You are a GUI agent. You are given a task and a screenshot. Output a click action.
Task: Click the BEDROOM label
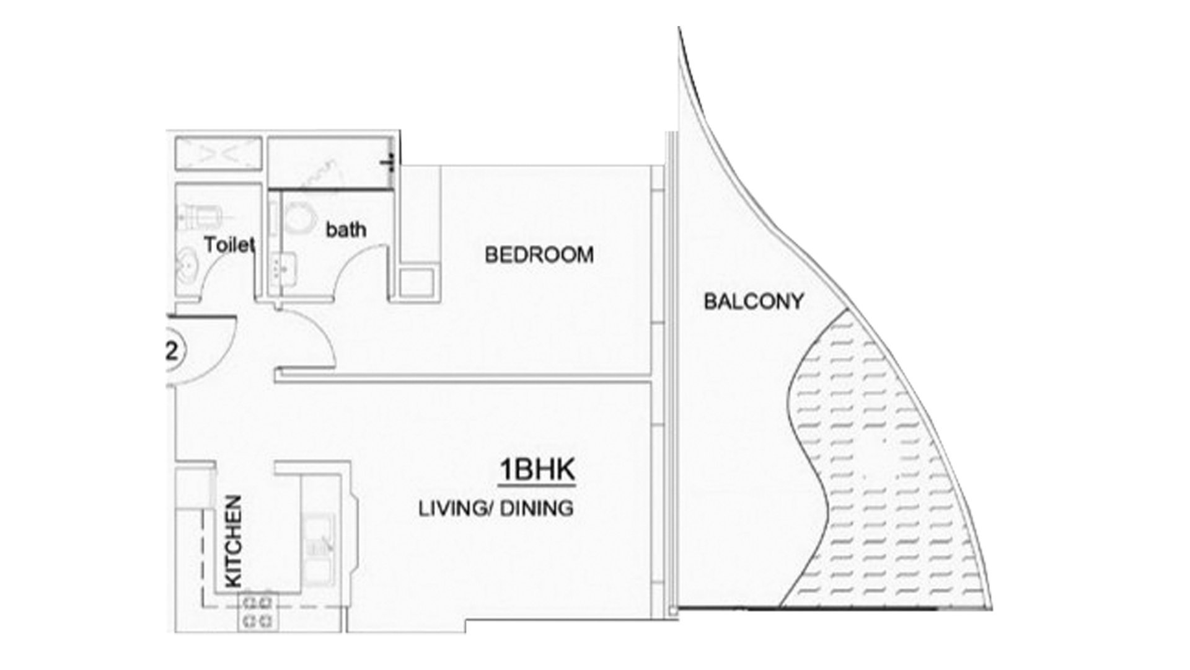click(539, 254)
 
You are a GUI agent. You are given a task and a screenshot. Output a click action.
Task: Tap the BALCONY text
click(754, 301)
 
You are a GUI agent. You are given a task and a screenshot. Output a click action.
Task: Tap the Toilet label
click(229, 245)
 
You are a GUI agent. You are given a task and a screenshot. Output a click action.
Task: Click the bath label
click(346, 230)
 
